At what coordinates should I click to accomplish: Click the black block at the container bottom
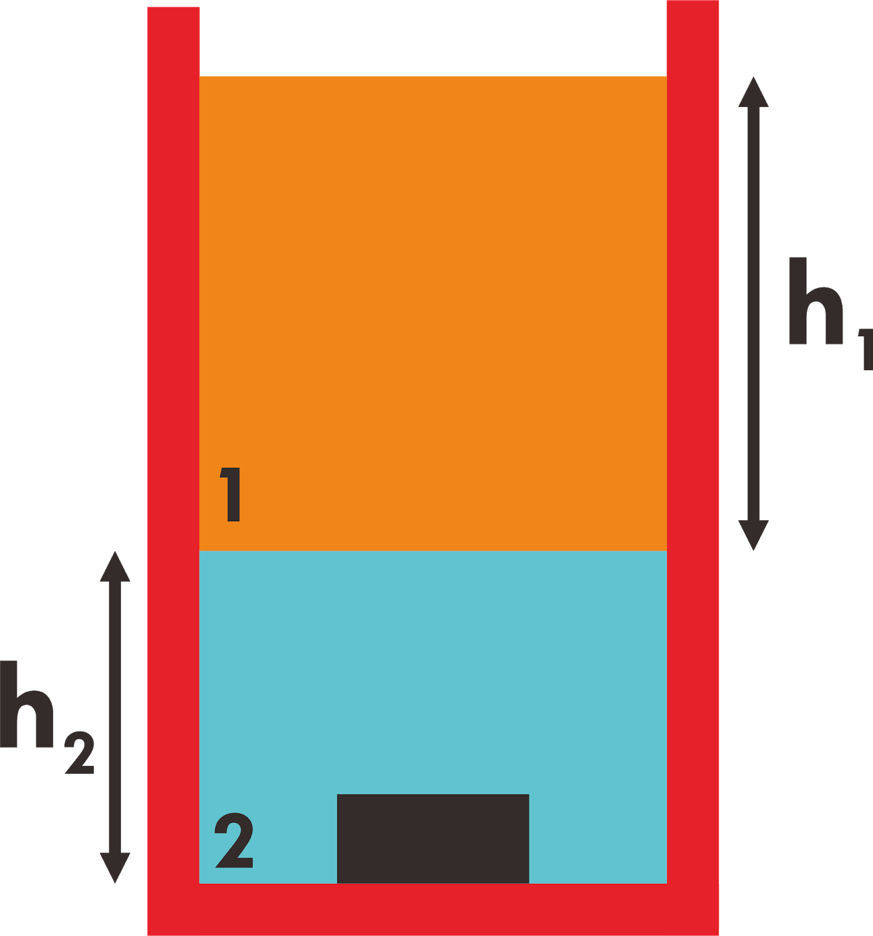pyautogui.click(x=433, y=838)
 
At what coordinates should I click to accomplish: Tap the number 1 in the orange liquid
pyautogui.click(x=232, y=494)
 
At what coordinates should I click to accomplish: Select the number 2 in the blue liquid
pyautogui.click(x=234, y=841)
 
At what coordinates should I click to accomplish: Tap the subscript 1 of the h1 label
pyautogui.click(x=866, y=349)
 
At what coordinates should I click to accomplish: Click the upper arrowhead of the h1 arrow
pyautogui.click(x=753, y=94)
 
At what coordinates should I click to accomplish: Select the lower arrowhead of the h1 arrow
pyautogui.click(x=753, y=534)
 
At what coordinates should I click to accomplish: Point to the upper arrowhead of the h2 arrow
pyautogui.click(x=115, y=567)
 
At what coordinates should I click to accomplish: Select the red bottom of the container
pyautogui.click(x=433, y=910)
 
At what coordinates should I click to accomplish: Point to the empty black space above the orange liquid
pyautogui.click(x=433, y=38)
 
